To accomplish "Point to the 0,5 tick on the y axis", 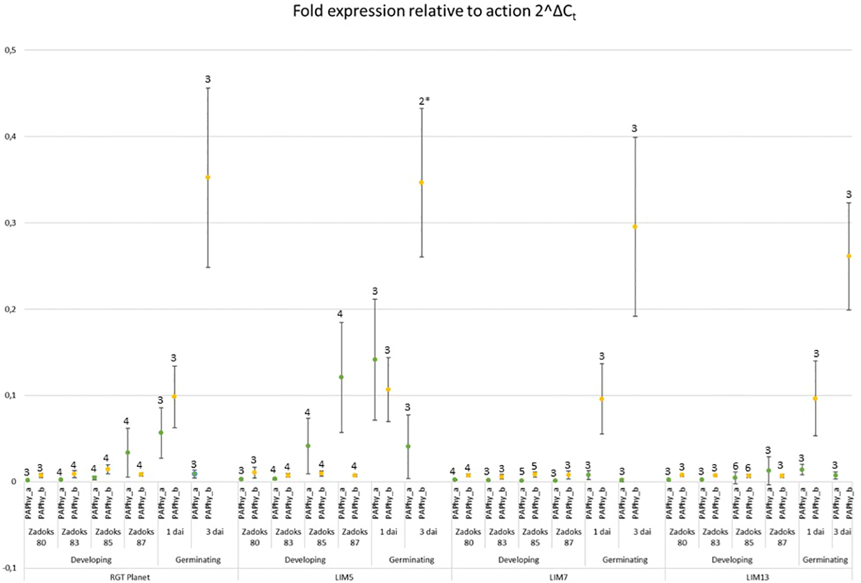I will coord(10,50).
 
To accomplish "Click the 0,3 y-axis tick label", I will coord(10,223).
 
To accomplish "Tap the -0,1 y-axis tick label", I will coord(10,568).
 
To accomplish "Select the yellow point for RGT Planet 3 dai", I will coord(208,177).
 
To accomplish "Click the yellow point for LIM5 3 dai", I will coord(422,182).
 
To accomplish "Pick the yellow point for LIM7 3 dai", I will coord(635,227).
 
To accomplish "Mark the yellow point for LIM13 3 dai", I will coord(849,256).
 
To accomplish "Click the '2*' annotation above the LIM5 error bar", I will coord(424,101).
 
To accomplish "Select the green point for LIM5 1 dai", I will coord(375,360).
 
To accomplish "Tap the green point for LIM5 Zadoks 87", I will coord(341,377).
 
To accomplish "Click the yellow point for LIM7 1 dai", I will coord(602,399).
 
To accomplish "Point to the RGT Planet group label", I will coord(130,577).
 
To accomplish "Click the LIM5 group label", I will coord(344,577).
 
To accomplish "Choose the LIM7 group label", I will coord(558,577).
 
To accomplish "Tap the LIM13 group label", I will coord(758,577).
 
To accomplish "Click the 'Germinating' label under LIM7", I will coord(625,560).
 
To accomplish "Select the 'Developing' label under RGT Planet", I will coord(91,560).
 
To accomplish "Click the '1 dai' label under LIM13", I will coord(815,532).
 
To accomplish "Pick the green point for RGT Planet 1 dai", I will coord(161,432).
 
